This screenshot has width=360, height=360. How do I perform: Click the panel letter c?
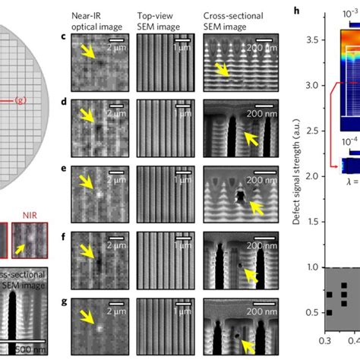pos(63,37)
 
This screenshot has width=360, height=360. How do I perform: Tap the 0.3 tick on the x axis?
pos(327,352)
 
